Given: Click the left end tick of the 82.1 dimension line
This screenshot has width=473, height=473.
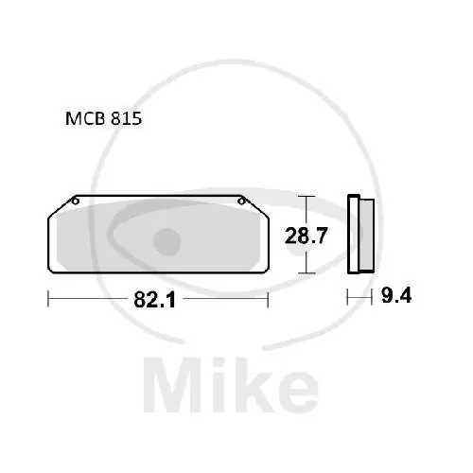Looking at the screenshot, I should click(48, 299).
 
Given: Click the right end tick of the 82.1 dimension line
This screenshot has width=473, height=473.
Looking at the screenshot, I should click(270, 299).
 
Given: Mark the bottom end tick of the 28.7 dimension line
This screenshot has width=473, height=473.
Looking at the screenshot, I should click(303, 273).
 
